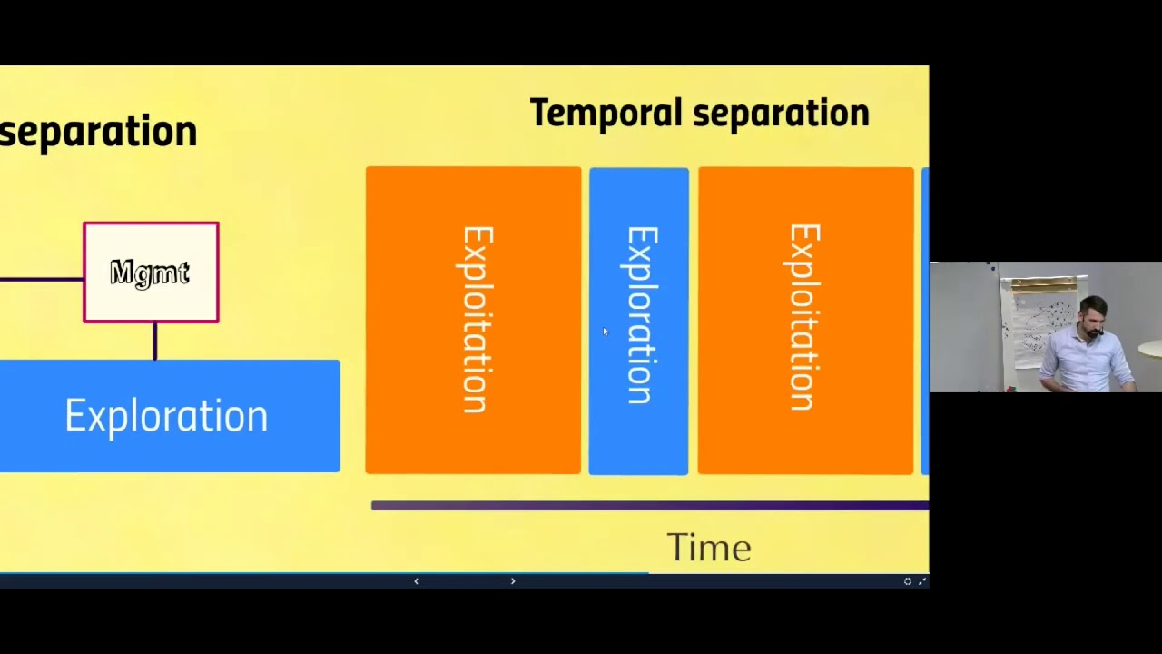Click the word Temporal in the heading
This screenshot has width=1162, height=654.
[x=606, y=114]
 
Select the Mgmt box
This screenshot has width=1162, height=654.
[x=151, y=272]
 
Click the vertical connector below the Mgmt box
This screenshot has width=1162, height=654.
[x=154, y=342]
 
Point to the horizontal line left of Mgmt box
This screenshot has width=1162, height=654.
[x=41, y=279]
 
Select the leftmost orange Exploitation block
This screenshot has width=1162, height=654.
[x=473, y=320]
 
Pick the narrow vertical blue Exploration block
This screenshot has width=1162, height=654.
[x=638, y=320]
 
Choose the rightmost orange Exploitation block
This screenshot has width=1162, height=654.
[x=805, y=320]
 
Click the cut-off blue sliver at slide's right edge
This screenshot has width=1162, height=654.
[x=925, y=320]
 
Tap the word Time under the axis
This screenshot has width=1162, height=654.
[x=709, y=549]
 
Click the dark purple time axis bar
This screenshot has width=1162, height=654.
[x=649, y=505]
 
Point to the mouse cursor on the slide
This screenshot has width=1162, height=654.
[x=606, y=332]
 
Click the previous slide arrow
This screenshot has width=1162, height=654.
[x=416, y=581]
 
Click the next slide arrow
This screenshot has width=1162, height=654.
[x=513, y=581]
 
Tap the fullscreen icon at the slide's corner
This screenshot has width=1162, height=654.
[x=922, y=581]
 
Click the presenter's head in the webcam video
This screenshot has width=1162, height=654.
[x=1093, y=315]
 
